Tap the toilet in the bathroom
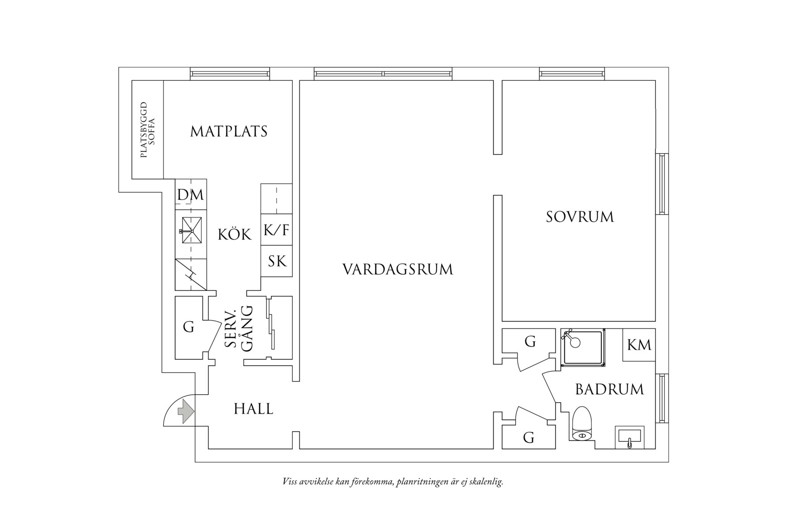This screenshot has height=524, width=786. (x=582, y=424)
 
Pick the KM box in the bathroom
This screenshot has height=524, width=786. (x=639, y=345)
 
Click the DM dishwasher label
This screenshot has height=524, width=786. (x=191, y=195)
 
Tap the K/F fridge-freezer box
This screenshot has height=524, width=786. (x=276, y=230)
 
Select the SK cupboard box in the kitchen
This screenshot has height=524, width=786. (x=277, y=261)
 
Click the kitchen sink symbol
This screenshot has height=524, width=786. (x=191, y=230)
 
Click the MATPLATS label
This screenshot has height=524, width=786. (x=229, y=132)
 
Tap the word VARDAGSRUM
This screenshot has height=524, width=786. (x=397, y=269)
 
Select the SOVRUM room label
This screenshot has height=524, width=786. (x=579, y=217)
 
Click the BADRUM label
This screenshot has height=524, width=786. (x=609, y=389)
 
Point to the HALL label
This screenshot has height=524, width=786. (x=253, y=409)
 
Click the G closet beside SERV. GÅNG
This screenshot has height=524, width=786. (x=189, y=328)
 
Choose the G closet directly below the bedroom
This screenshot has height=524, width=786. (x=530, y=341)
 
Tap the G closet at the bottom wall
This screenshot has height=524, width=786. (x=529, y=437)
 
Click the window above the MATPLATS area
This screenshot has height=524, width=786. (x=230, y=74)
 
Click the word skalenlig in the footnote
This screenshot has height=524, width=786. (x=487, y=482)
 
